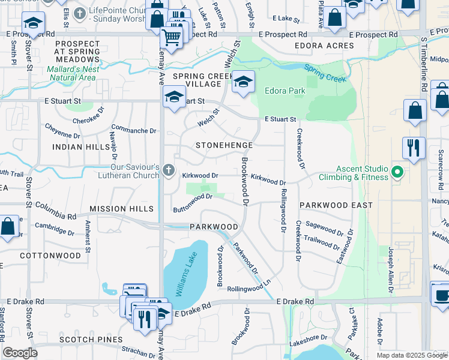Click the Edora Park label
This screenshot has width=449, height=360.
click(285, 91)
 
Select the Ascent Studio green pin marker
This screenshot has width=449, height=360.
click(397, 173)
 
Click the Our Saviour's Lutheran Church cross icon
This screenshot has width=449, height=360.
click(169, 172)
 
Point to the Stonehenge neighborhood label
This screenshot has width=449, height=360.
click(224, 145)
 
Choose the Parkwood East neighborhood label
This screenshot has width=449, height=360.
click(336, 205)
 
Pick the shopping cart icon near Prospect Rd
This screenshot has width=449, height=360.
click(172, 38)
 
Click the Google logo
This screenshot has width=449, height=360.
click(20, 353)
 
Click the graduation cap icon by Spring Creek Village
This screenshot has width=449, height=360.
click(243, 83)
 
